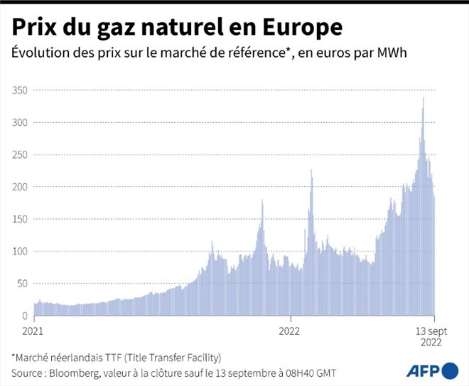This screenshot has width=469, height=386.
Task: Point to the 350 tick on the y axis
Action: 19,90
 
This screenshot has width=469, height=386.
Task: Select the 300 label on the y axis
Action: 19,122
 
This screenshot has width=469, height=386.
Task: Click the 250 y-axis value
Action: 19,154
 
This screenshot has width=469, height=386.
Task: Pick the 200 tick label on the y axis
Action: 19,186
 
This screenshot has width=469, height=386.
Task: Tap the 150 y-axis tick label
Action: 19,219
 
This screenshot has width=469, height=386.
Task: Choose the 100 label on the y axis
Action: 19,251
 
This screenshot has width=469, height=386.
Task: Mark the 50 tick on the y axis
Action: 22,283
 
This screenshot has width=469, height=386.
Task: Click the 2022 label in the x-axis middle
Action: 289,331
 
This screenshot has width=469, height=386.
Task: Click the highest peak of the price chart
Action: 424,99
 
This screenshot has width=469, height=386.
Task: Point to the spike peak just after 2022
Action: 311,171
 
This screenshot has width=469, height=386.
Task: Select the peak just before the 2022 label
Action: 262,201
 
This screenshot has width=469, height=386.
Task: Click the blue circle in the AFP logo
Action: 450,370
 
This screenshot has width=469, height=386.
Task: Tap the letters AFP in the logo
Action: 422,370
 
